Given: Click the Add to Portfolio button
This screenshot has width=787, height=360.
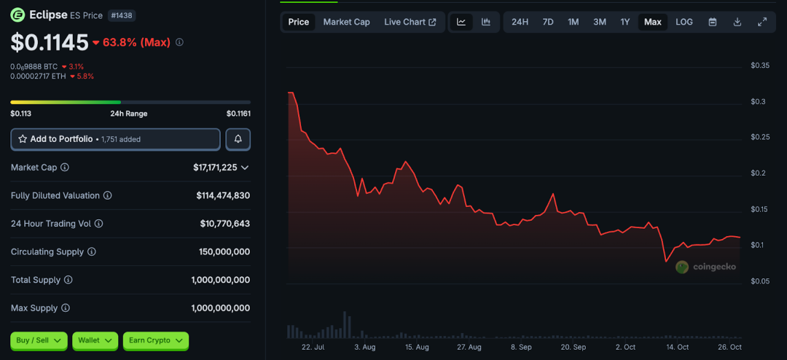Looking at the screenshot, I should pos(115,139).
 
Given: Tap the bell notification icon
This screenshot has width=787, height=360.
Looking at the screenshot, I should pos(238,139).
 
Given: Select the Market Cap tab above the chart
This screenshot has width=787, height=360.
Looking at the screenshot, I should pos(346,22).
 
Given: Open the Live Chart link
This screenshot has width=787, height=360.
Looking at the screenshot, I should pos(410,22).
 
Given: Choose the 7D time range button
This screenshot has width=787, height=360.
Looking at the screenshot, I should pos(548,22).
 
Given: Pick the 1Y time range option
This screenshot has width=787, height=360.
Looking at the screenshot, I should pos(625,22).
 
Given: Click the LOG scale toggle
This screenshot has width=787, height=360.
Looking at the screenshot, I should pos(684,22).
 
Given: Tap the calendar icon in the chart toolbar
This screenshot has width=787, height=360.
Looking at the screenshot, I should pos(713,22).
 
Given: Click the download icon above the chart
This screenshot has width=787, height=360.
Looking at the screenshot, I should pos(737,22).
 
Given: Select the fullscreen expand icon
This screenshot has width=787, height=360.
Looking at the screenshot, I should pos(762,22).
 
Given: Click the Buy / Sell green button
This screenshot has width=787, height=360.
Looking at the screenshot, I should pos(39,340).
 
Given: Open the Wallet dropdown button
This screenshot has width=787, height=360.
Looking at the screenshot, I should pos(95,340).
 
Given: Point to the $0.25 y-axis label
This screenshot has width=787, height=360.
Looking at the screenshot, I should pos(760,137).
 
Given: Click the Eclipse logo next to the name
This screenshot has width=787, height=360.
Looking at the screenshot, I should pos(17,15).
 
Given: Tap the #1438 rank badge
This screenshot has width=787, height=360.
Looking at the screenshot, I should pos(121,15).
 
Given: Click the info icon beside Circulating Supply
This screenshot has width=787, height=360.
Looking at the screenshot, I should pos(92,252).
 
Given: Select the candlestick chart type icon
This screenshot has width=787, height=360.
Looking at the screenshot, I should pos(486,22).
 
